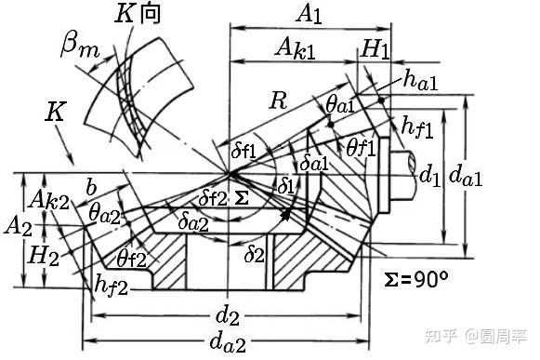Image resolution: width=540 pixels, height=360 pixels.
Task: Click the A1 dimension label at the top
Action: (309, 15)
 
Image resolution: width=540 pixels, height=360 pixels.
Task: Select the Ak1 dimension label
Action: (296, 48)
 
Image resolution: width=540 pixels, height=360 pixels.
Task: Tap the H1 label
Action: (375, 49)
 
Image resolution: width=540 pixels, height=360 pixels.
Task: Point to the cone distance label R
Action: (279, 100)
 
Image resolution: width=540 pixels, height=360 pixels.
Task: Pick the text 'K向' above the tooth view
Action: (138, 15)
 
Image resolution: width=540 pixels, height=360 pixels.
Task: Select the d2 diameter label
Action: (227, 316)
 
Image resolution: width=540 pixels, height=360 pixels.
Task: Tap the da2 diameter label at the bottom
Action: (229, 342)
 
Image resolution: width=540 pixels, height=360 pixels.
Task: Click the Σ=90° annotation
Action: (416, 279)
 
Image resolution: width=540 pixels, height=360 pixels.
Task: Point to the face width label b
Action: (91, 187)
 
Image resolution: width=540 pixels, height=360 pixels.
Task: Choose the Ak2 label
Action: (49, 200)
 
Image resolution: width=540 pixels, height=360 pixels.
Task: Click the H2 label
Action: (44, 256)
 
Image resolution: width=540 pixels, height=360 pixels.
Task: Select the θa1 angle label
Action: (340, 104)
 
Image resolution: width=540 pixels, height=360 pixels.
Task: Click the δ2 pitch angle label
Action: (255, 255)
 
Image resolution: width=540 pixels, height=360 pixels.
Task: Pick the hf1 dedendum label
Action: (417, 127)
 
